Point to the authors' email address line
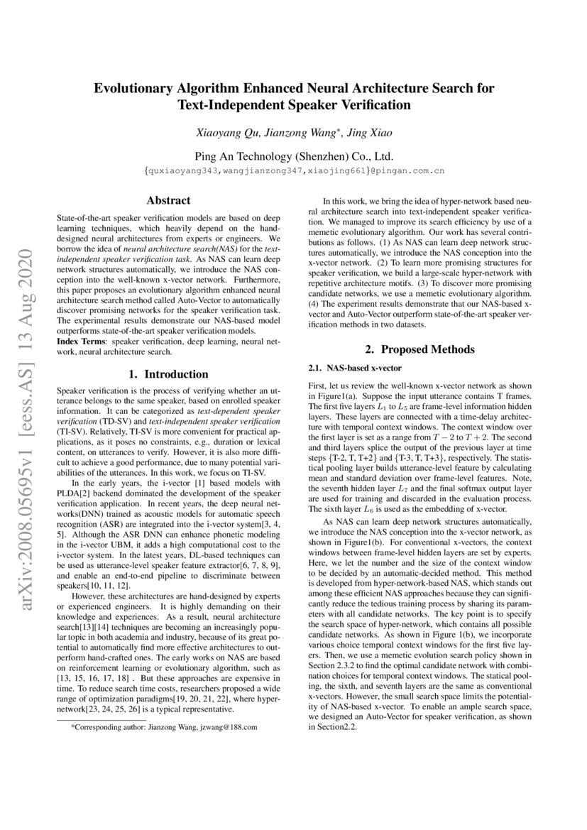click(x=294, y=171)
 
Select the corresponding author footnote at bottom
click(x=164, y=727)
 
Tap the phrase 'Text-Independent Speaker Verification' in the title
click(x=294, y=106)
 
